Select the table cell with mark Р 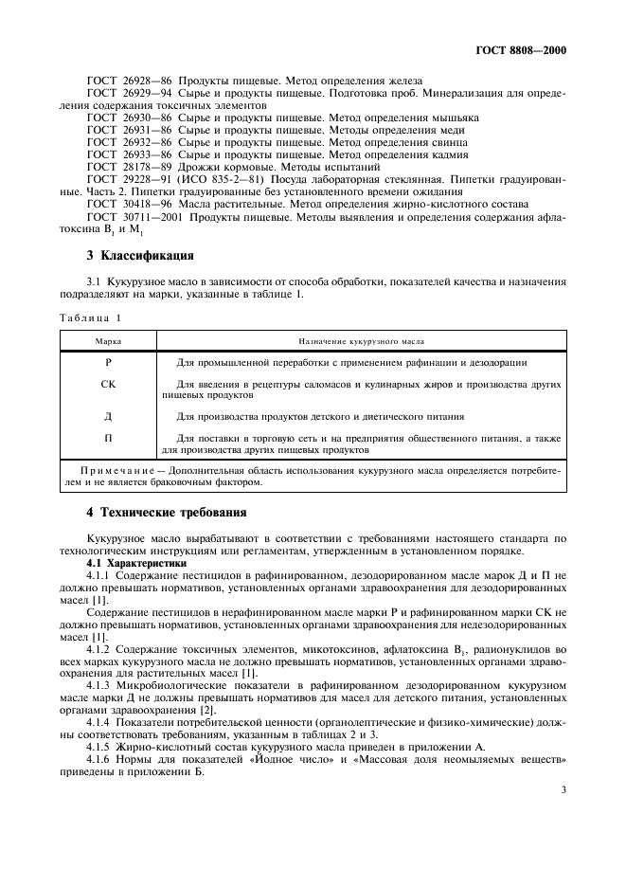click(108, 363)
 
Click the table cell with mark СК click(108, 385)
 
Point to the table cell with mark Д click(108, 416)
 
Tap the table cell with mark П click(108, 439)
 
